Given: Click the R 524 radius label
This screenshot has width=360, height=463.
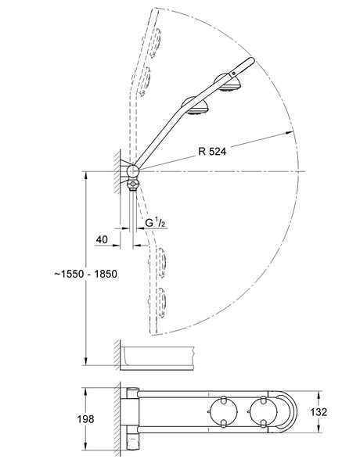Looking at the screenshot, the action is pyautogui.click(x=212, y=151).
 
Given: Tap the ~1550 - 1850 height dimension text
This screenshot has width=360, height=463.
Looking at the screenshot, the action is pyautogui.click(x=86, y=274).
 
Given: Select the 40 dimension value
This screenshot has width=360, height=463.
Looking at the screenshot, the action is pyautogui.click(x=102, y=239).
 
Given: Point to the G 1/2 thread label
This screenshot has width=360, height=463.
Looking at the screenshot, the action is pyautogui.click(x=155, y=223).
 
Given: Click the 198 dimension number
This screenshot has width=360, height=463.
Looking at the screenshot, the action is pyautogui.click(x=85, y=419).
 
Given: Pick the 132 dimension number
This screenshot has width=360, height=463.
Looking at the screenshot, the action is pyautogui.click(x=319, y=411).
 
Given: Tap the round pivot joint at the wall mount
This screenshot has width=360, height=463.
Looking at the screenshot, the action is pyautogui.click(x=133, y=170).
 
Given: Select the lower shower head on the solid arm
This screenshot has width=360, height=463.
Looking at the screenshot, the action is pyautogui.click(x=196, y=106).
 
